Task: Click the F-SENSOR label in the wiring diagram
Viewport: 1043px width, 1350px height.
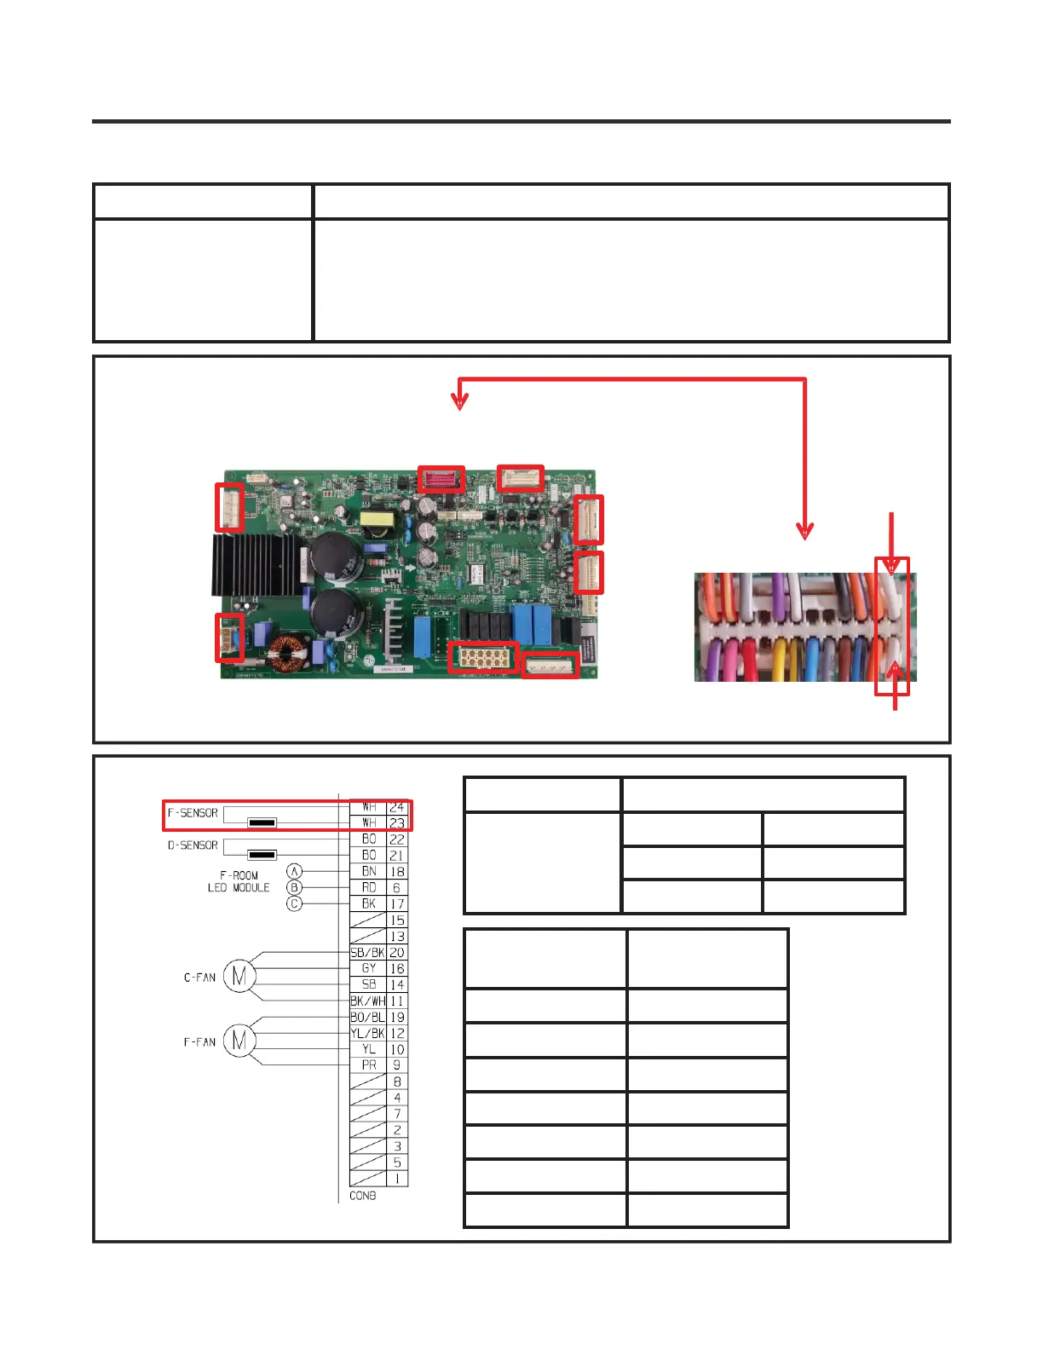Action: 193,813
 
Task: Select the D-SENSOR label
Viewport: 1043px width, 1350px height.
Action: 193,845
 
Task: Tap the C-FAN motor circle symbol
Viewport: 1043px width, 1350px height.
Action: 239,977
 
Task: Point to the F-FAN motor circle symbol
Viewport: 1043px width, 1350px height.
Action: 239,1041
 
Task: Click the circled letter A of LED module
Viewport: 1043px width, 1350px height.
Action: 294,871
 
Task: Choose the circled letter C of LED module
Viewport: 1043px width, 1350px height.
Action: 294,903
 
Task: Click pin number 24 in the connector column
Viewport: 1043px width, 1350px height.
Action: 397,806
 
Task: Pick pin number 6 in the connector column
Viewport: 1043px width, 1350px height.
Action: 397,887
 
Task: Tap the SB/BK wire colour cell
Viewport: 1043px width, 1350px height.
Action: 367,952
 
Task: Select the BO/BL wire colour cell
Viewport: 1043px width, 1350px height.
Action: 367,1017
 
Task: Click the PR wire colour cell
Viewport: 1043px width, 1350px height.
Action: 368,1065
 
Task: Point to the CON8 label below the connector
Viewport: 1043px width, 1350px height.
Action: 363,1196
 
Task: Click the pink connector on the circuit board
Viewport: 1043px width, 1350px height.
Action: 441,479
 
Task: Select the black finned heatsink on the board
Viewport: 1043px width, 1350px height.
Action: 254,563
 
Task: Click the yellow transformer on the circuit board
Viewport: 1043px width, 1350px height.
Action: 375,520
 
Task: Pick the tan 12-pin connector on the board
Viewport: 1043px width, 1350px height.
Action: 482,657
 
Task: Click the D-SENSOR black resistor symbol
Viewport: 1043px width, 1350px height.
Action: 262,855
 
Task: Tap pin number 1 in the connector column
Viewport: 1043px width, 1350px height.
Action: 397,1179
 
